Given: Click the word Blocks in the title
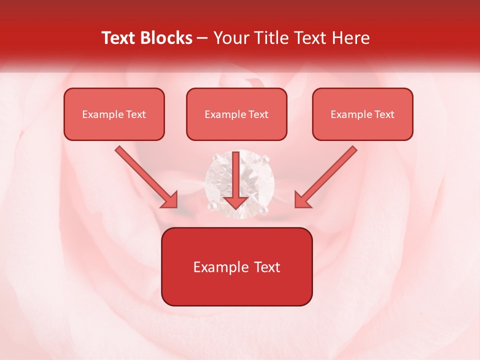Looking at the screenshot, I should click(x=167, y=38).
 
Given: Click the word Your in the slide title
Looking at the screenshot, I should click(x=231, y=38).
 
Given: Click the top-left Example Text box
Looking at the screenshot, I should click(x=114, y=114).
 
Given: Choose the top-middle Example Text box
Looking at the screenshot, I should click(x=236, y=114).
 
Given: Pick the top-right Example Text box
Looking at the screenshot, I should click(x=362, y=114).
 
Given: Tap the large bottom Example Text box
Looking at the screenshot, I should click(x=236, y=266).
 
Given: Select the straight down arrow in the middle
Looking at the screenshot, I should click(x=236, y=180).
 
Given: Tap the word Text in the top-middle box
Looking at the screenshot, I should click(x=258, y=114).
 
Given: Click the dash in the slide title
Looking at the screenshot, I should click(x=202, y=38).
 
